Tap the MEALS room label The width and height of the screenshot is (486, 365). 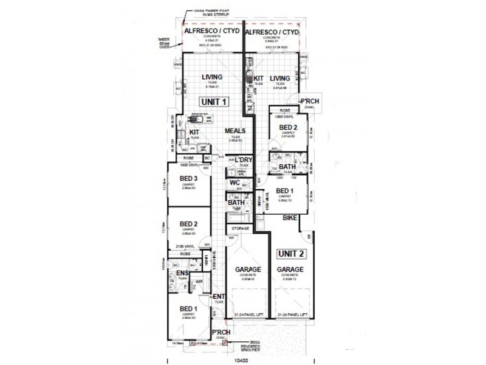click(x=234, y=131)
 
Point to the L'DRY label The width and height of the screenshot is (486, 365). click(x=243, y=160)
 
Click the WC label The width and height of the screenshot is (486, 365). click(x=234, y=182)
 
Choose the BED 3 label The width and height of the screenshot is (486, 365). click(x=188, y=178)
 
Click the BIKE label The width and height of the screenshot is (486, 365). click(x=290, y=226)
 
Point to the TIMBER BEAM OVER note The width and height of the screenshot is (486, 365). click(x=164, y=43)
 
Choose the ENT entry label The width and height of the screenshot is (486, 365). click(x=219, y=297)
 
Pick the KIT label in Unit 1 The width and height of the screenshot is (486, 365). click(x=194, y=132)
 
